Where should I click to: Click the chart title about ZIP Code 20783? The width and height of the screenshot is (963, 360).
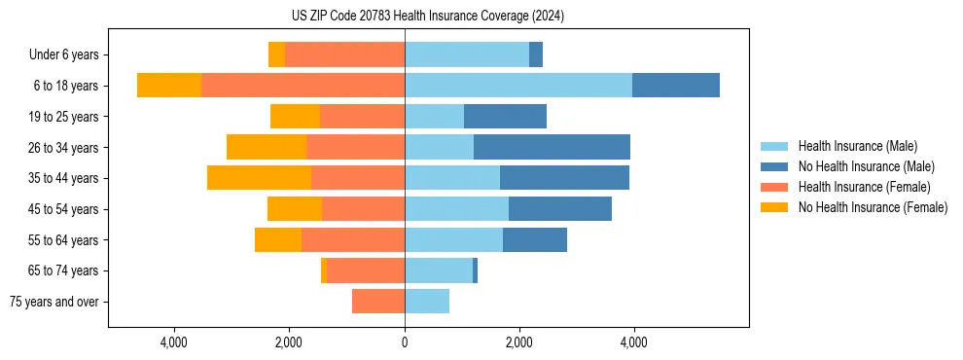click(427, 17)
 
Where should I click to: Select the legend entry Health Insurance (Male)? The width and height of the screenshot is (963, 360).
click(856, 146)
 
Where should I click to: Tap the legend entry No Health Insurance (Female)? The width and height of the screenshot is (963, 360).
click(872, 207)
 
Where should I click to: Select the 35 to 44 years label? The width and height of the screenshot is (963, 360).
click(63, 178)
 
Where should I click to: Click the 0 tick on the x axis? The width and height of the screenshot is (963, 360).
click(405, 342)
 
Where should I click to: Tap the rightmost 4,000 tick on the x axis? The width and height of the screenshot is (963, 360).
click(634, 342)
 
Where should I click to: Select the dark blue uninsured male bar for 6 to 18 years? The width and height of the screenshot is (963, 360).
click(676, 86)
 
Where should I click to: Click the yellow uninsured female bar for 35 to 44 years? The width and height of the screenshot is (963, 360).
click(259, 178)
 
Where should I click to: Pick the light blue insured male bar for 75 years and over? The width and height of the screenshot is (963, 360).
click(427, 302)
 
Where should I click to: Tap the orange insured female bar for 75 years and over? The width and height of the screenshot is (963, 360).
click(378, 302)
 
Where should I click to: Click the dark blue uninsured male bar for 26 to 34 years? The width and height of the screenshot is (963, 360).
click(552, 147)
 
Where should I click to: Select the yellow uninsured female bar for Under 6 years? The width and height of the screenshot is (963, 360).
click(276, 55)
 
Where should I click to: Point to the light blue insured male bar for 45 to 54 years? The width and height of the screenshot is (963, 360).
click(456, 209)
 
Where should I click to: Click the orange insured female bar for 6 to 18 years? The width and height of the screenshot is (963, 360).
click(303, 86)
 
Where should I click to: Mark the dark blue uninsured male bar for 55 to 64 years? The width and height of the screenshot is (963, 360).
click(535, 239)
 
